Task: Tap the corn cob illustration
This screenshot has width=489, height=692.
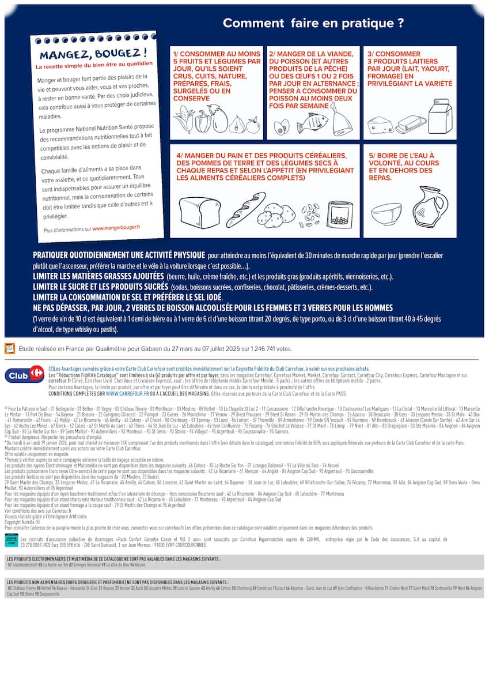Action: pos(183,120)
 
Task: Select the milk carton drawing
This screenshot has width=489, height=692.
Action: pos(440,117)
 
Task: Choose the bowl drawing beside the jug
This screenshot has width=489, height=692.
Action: pos(386,215)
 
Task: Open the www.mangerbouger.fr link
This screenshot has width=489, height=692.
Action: pos(116,228)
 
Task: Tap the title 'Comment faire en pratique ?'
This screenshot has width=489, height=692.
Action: pos(313,23)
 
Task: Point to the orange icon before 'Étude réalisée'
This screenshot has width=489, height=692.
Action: pos(10,348)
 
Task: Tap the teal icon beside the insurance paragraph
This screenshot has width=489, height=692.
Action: pos(11,540)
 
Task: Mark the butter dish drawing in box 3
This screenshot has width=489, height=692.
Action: pos(410,123)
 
